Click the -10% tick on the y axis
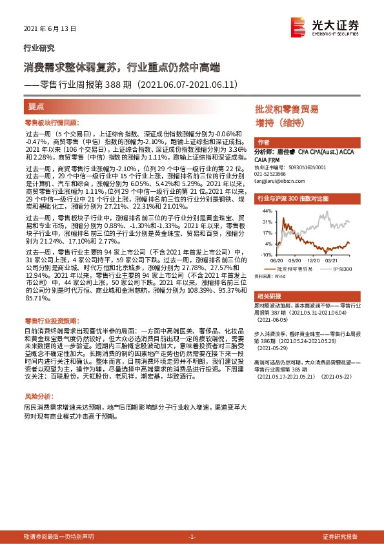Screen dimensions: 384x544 coord(266,255)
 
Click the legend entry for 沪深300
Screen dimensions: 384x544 coord(343,268)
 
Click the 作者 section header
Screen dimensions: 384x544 coord(263,142)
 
